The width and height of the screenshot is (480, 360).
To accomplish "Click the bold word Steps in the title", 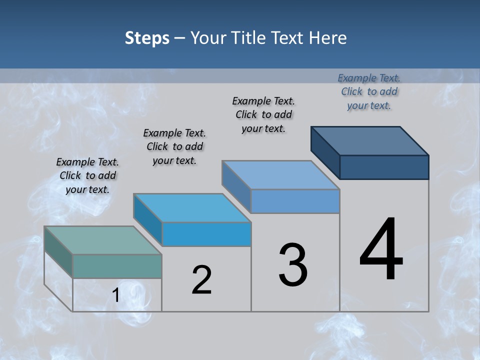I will [x=147, y=38].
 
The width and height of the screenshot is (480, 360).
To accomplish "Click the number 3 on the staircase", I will [x=293, y=265].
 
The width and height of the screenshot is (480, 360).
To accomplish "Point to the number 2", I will [x=202, y=280].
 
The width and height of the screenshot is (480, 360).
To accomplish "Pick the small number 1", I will [x=116, y=295].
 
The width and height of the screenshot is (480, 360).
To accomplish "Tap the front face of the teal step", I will [x=117, y=266].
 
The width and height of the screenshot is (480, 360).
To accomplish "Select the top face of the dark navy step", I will [x=370, y=140].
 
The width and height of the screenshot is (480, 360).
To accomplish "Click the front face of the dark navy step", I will [x=384, y=167].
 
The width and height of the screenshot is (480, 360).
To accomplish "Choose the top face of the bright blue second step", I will [x=192, y=207].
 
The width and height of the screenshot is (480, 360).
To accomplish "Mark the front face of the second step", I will [x=206, y=234].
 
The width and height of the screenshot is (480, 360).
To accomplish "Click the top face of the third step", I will [x=281, y=174].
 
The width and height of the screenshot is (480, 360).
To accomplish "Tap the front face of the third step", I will [x=295, y=201].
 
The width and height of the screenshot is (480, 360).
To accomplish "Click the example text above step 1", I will [x=87, y=175].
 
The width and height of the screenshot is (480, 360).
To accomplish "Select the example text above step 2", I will [x=174, y=146].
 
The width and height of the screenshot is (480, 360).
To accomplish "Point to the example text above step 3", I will [x=263, y=114].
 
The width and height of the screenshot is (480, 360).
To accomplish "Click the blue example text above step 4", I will [x=369, y=91].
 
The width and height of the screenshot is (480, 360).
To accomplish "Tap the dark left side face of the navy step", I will [x=325, y=152].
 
